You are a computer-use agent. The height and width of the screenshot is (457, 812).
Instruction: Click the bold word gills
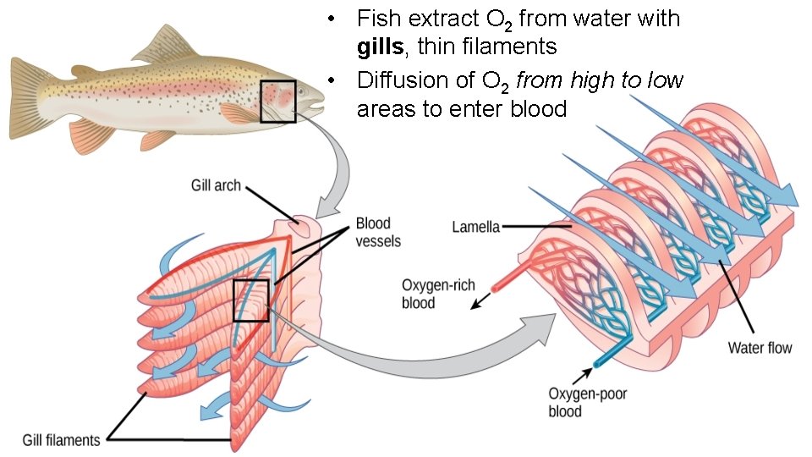(379, 44)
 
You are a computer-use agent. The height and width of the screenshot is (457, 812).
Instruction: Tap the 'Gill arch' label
(216, 184)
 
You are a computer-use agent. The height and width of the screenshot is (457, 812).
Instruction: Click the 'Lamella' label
(476, 227)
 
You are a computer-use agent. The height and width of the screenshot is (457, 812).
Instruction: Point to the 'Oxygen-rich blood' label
(431, 294)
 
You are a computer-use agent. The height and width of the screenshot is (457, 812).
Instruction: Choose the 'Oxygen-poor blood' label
(577, 402)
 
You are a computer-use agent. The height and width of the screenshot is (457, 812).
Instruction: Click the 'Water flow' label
(760, 348)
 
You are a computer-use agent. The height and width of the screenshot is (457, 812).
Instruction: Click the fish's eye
(311, 95)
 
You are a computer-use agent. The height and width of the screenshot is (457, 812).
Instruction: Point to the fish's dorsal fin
(165, 47)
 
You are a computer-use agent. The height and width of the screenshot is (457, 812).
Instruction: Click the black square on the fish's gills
(277, 101)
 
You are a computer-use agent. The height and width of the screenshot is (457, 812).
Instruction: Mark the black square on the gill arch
(250, 300)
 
